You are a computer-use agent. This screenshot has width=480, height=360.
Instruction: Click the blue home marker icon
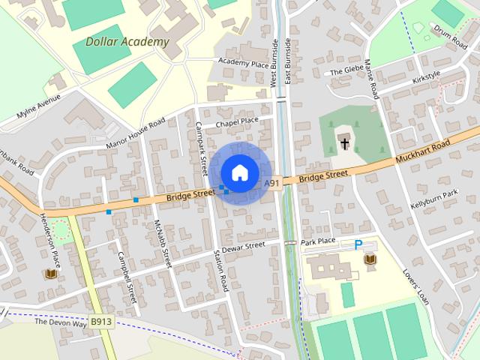[x=239, y=173]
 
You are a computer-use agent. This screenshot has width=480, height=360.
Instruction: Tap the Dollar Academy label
[x=127, y=42]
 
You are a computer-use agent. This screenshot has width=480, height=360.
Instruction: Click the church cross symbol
[x=345, y=142]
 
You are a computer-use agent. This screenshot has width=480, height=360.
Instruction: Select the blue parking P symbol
[x=358, y=244]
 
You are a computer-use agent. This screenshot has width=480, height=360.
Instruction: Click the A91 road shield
[x=271, y=183]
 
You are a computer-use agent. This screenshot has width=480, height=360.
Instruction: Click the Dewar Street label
[x=244, y=246]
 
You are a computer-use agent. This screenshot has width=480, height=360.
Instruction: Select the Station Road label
[x=221, y=271]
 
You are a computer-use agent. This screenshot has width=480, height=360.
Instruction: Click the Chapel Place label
[x=236, y=120]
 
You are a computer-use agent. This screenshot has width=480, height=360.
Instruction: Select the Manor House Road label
[x=136, y=133]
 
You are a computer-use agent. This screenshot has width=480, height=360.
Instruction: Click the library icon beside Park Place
[x=370, y=259]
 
